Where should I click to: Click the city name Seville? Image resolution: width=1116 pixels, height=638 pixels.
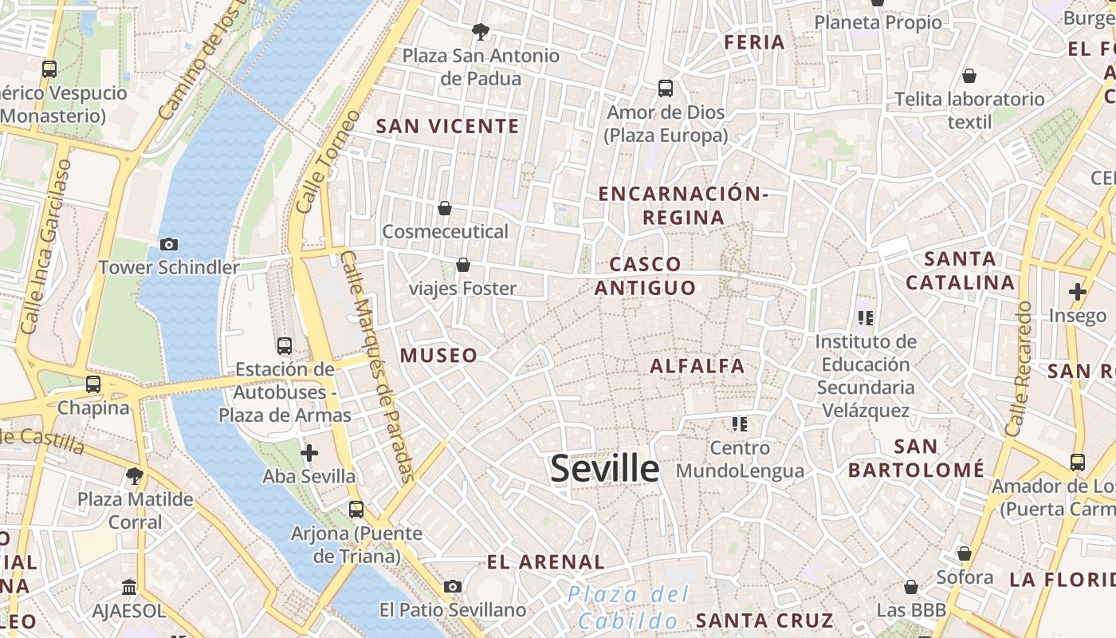[x=604, y=468]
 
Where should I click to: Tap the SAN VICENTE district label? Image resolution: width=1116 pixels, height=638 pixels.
[x=447, y=126]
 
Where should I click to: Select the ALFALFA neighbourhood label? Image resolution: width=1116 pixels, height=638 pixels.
[x=697, y=366]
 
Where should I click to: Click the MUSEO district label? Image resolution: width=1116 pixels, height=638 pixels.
[x=439, y=356]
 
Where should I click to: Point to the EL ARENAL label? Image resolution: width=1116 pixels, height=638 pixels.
[x=546, y=562]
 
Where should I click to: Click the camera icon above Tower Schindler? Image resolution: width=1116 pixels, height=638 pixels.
[x=169, y=245]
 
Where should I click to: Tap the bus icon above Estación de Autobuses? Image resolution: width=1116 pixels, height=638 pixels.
[x=285, y=346]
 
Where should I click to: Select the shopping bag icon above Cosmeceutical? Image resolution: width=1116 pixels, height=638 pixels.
[x=445, y=208]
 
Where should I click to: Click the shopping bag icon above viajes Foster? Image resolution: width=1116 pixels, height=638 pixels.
[x=463, y=265]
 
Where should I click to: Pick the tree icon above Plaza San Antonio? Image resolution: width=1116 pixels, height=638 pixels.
[x=480, y=32]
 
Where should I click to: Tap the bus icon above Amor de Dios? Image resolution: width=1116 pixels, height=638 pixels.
[x=666, y=89]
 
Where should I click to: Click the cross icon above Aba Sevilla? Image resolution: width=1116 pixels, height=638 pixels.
[x=309, y=453]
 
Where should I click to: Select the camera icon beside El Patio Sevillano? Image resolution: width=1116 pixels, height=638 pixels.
[x=453, y=587]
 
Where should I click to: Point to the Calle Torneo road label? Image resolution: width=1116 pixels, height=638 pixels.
[x=317, y=172]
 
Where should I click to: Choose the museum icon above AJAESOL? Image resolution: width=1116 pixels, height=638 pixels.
[x=129, y=588]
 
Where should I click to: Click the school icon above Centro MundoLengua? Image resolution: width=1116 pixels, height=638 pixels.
[x=740, y=424]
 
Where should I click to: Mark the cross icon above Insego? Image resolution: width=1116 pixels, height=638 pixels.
[x=1078, y=292]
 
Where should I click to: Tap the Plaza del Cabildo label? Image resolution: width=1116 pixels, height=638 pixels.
[x=628, y=608]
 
